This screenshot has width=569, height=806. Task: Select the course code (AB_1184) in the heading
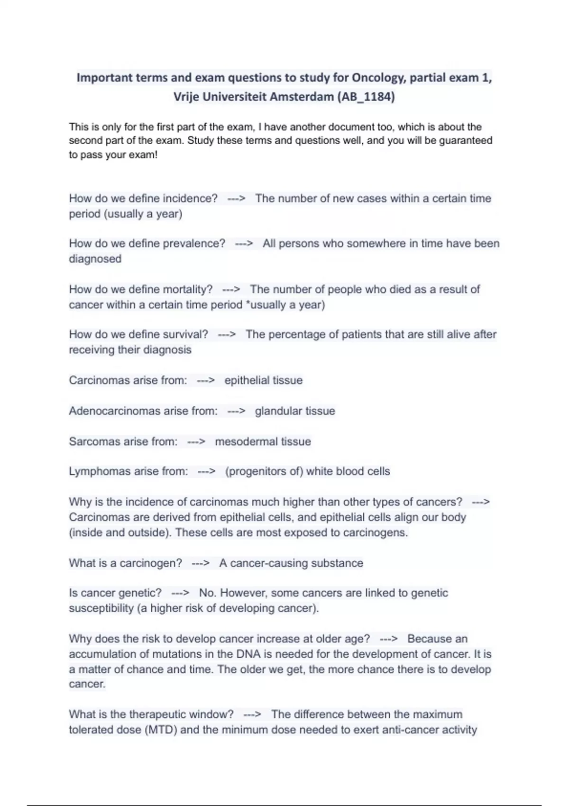pyautogui.click(x=366, y=97)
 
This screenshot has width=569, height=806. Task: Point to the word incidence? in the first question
pyautogui.click(x=190, y=198)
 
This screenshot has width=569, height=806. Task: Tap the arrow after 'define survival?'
pyautogui.click(x=227, y=334)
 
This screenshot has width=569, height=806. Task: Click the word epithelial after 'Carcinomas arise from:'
pyautogui.click(x=245, y=380)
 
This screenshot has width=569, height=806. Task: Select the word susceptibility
pyautogui.click(x=101, y=608)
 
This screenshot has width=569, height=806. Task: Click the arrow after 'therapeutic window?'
pyautogui.click(x=252, y=714)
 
